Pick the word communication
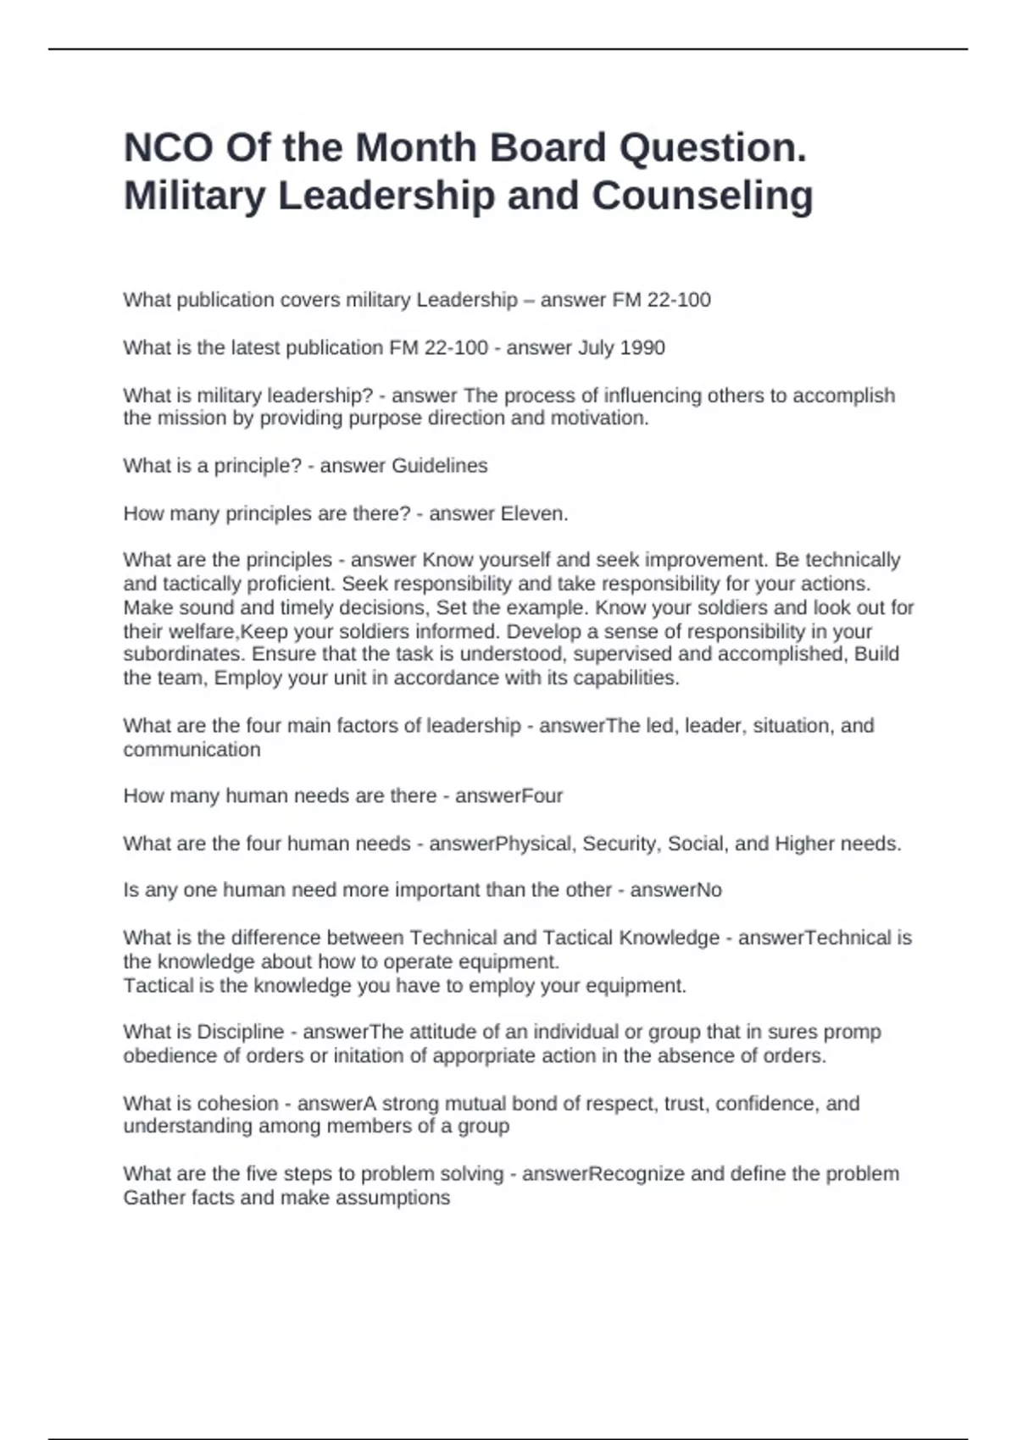click(192, 750)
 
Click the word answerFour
click(508, 796)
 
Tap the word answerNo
click(675, 890)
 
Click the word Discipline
click(240, 1032)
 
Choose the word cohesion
click(237, 1104)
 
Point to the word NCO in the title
click(169, 147)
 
